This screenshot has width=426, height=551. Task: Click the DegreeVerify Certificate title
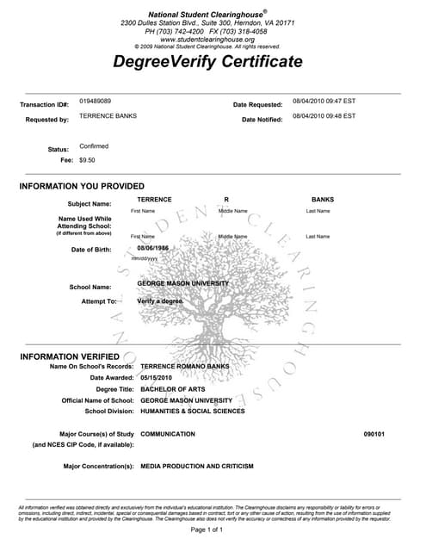(207, 62)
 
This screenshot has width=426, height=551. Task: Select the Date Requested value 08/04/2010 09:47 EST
(324, 102)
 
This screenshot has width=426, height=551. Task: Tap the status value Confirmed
(94, 146)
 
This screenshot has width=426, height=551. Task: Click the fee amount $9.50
(87, 159)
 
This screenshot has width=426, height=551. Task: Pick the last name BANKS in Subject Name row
(323, 199)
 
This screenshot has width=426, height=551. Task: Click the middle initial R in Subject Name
(225, 199)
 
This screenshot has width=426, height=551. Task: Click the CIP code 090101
(374, 434)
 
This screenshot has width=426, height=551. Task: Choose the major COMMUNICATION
(168, 434)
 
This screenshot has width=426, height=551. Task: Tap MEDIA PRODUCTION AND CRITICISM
(197, 466)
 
